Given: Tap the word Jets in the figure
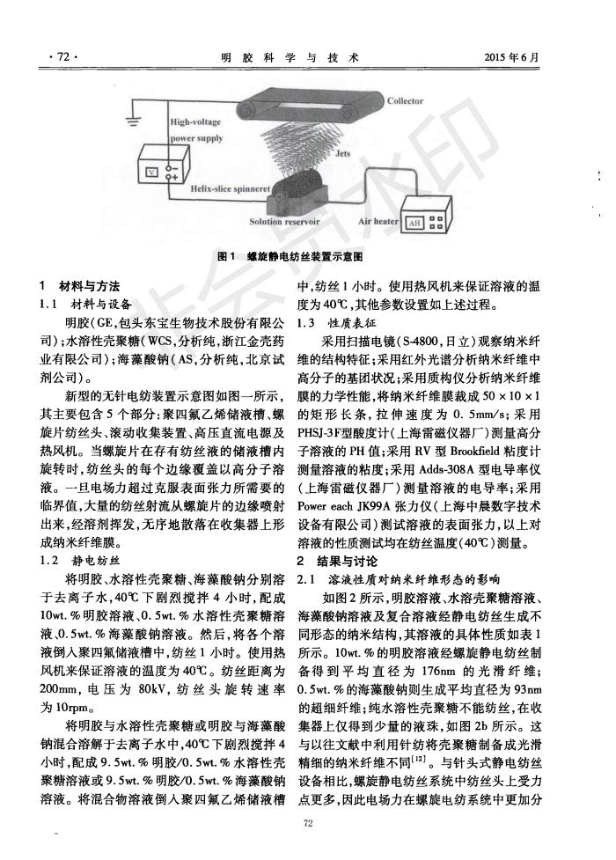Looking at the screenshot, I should [342, 152].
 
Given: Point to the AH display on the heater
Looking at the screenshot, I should [412, 224].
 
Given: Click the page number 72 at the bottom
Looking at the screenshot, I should [307, 822].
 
